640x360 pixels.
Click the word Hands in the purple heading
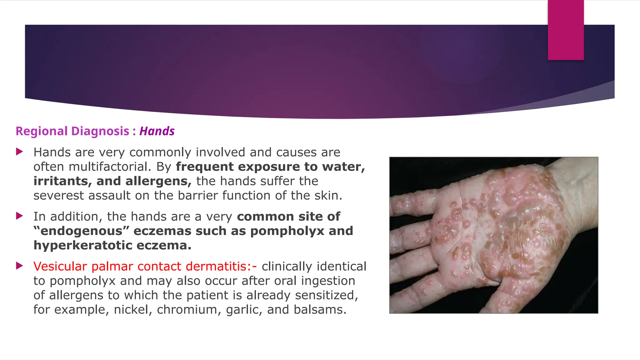(x=157, y=131)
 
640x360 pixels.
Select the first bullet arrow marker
(x=19, y=152)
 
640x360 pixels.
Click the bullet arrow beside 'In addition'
(x=19, y=216)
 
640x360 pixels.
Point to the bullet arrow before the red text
(x=19, y=266)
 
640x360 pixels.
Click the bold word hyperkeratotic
(x=83, y=245)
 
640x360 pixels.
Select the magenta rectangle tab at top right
(x=566, y=30)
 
